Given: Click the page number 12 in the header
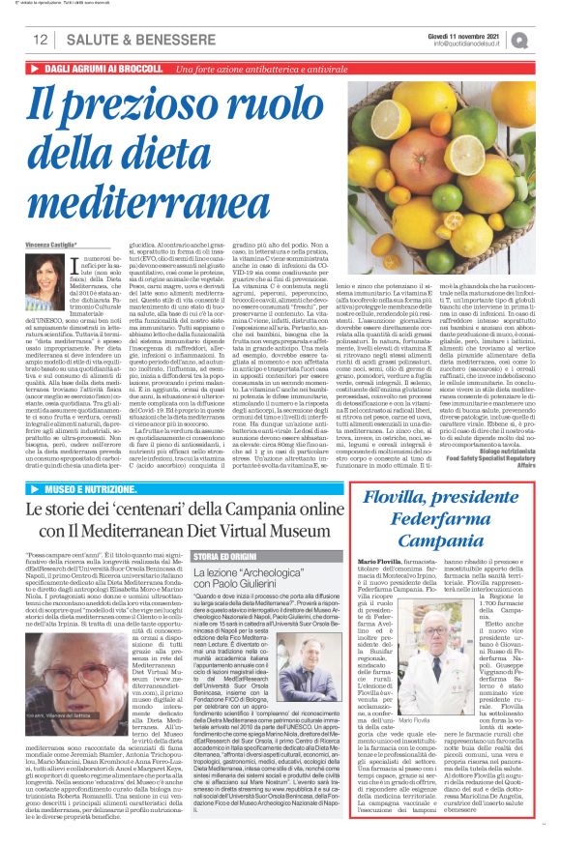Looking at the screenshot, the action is point(41,40).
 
